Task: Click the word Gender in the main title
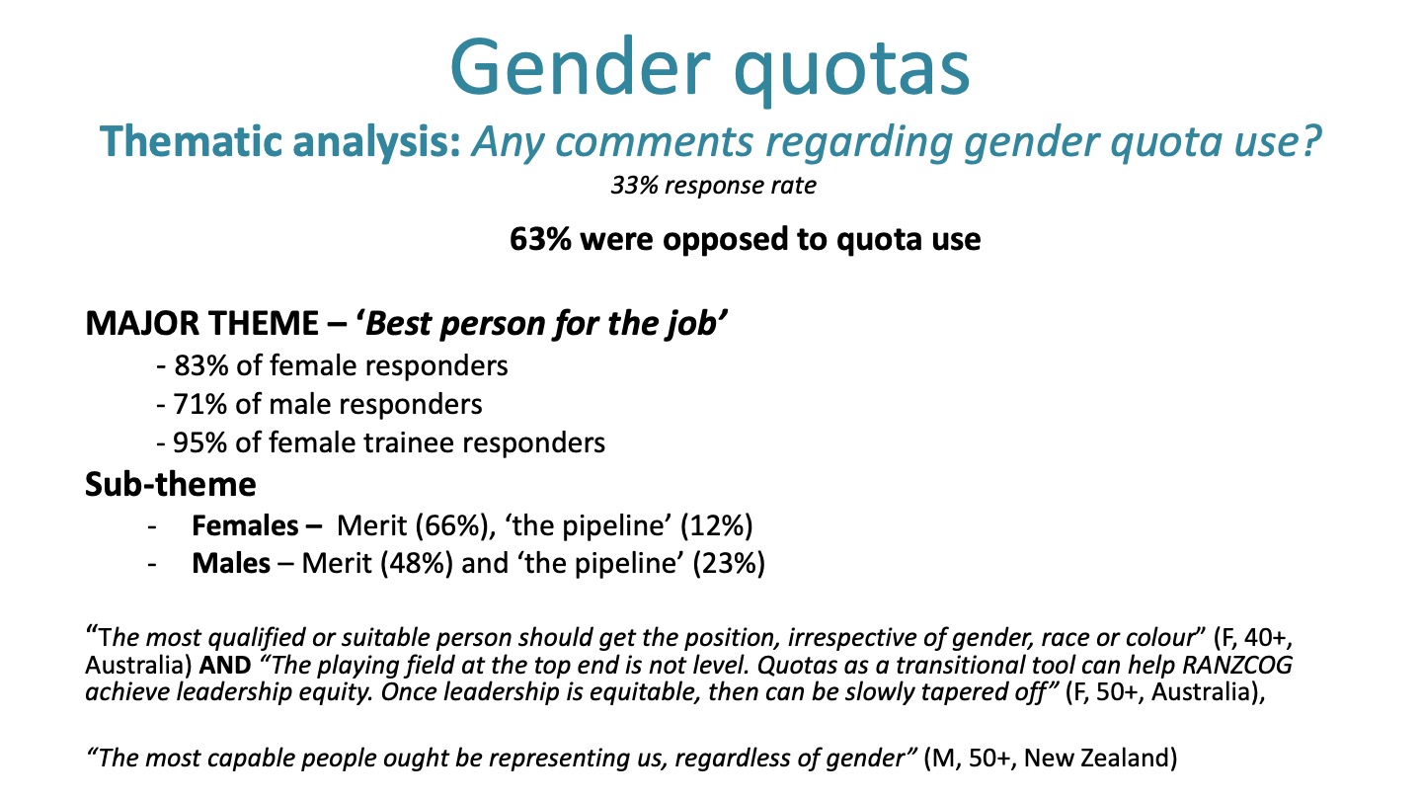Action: pyautogui.click(x=580, y=68)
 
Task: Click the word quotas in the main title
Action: pyautogui.click(x=851, y=70)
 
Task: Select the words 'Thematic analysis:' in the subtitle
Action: pyautogui.click(x=280, y=141)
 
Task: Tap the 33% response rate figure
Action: pyautogui.click(x=634, y=186)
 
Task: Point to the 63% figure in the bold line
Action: pyautogui.click(x=540, y=239)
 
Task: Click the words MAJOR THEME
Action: pyautogui.click(x=201, y=323)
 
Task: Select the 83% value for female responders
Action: pyautogui.click(x=200, y=365)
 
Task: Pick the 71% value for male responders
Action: pyautogui.click(x=199, y=405)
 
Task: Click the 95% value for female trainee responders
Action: pyautogui.click(x=199, y=443)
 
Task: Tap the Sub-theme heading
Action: pyautogui.click(x=171, y=484)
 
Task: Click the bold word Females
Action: pyautogui.click(x=245, y=525)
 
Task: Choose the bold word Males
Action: pyautogui.click(x=231, y=564)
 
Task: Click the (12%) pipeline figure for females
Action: pyautogui.click(x=717, y=526)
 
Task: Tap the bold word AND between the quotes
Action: pyautogui.click(x=225, y=666)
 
